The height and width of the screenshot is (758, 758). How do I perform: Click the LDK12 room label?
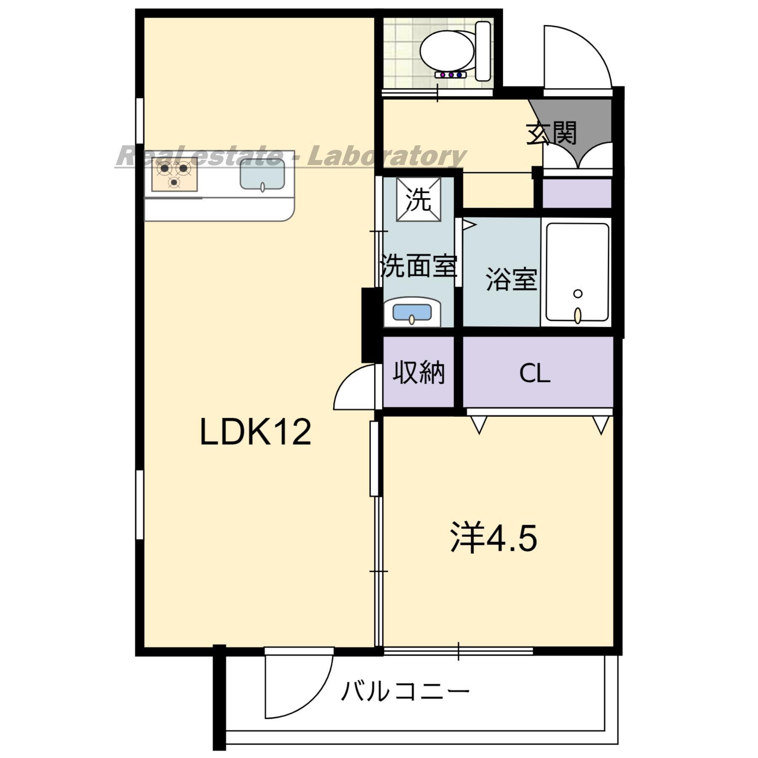coord(255,432)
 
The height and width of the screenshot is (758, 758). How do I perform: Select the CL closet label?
coord(534,373)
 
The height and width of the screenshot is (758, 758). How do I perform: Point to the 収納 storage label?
coord(419,373)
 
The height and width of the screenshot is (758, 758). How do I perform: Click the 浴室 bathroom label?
coord(511,279)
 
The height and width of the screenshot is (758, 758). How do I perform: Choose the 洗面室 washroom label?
coord(418,266)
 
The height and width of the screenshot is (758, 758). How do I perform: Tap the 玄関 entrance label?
coord(551,133)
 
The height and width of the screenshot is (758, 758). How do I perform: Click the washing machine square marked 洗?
coord(419,200)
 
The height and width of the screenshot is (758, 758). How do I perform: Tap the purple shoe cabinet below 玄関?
coord(577,193)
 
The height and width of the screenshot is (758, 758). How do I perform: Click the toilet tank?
coord(483,51)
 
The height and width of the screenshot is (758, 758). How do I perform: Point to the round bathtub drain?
coord(578,294)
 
